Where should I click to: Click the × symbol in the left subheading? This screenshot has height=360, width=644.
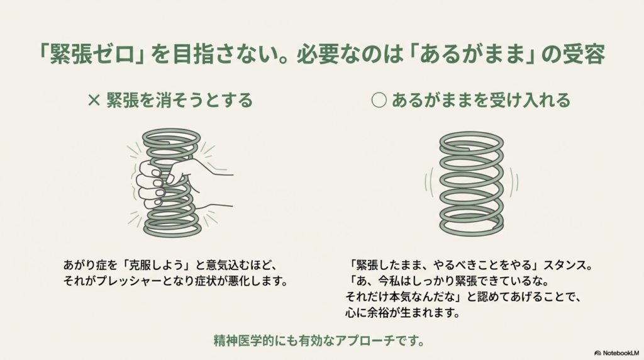[x=94, y=100]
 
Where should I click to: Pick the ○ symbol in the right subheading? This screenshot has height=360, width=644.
[x=379, y=100]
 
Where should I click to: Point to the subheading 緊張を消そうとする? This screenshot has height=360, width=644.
[x=179, y=100]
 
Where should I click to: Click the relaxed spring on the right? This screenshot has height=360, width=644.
[x=471, y=183]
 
